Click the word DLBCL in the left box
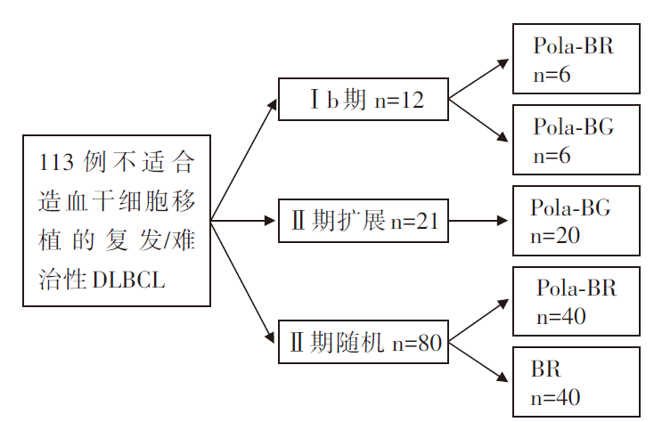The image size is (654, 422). click(x=129, y=280)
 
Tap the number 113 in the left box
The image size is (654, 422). click(x=56, y=162)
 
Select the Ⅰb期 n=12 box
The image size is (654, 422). click(x=364, y=99)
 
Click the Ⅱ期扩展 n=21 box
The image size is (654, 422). click(x=364, y=221)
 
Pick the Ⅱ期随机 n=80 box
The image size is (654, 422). click(x=364, y=342)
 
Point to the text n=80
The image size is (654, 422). click(x=417, y=344)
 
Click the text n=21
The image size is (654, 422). click(x=415, y=221)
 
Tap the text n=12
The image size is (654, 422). click(x=399, y=101)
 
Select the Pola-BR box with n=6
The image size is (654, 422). click(x=576, y=59)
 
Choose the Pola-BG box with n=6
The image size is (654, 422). click(x=576, y=140)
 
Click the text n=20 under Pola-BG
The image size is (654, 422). click(x=555, y=236)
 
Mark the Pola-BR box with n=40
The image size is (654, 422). click(x=576, y=301)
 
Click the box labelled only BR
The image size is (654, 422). click(x=576, y=382)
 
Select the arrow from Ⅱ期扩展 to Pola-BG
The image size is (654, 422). click(x=478, y=221)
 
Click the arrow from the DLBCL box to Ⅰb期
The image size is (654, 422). click(x=243, y=159)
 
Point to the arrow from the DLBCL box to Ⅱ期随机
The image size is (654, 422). click(x=242, y=281)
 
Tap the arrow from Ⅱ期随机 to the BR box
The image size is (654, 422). click(x=478, y=361)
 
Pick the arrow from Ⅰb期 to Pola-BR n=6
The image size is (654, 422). click(x=478, y=79)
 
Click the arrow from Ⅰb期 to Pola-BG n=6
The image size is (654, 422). click(x=478, y=120)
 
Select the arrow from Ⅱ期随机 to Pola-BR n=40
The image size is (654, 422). click(x=478, y=321)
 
